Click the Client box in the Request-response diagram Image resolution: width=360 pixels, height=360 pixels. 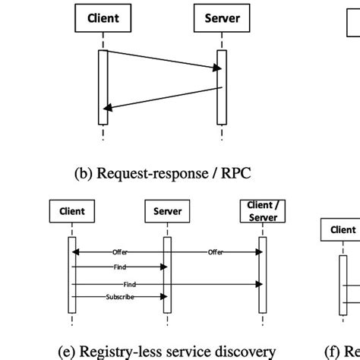click(x=103, y=18)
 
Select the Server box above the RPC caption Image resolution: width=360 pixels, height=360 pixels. click(x=222, y=18)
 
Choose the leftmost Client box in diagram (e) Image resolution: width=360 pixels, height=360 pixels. click(x=72, y=212)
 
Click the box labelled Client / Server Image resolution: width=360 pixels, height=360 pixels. click(x=263, y=212)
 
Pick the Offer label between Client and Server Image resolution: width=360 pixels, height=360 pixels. click(x=121, y=251)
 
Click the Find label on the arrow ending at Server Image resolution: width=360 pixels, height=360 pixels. click(x=120, y=267)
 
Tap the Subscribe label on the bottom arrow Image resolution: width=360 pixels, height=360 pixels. click(x=120, y=297)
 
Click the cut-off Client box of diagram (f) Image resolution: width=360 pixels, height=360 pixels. click(x=342, y=230)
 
